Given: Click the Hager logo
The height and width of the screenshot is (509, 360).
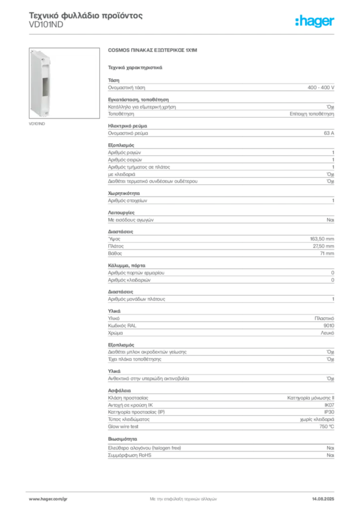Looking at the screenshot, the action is point(315,21).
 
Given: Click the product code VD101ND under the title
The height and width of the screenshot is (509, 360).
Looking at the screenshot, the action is point(46,25).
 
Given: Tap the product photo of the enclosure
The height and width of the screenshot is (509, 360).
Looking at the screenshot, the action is point(64,83).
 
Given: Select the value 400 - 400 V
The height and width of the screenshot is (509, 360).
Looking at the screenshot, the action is point(321,87).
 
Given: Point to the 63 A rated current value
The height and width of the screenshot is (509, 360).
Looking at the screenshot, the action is point(329,133).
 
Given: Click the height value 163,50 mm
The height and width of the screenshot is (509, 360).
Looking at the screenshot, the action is point(322,239).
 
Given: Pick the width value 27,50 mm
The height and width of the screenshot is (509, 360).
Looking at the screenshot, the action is point(323,246).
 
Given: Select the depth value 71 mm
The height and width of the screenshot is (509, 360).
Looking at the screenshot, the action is point(327,253).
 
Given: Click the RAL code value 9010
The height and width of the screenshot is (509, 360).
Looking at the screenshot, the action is point(329,326).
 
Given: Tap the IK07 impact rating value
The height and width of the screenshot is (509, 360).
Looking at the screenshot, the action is point(329,405).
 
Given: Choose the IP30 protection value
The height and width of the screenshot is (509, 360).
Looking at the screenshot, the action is point(329,412).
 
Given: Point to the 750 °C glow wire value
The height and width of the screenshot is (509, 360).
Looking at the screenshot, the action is point(327,426).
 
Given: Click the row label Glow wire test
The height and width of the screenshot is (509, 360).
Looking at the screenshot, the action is point(123,426).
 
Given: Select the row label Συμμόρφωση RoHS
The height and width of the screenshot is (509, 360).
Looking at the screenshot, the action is point(129,455).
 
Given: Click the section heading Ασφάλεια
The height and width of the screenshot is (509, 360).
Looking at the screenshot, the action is point(119,391).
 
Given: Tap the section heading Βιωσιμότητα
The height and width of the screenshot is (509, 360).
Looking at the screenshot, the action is point(122,439).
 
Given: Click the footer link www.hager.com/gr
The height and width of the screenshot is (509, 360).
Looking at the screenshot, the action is point(48,499).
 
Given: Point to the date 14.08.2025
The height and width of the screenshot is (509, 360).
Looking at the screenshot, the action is point(323,499).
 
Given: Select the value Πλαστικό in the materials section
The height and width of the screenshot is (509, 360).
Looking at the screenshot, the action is point(324,319).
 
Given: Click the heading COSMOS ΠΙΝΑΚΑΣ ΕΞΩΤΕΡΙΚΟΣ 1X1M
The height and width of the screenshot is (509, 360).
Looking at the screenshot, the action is point(153,50).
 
